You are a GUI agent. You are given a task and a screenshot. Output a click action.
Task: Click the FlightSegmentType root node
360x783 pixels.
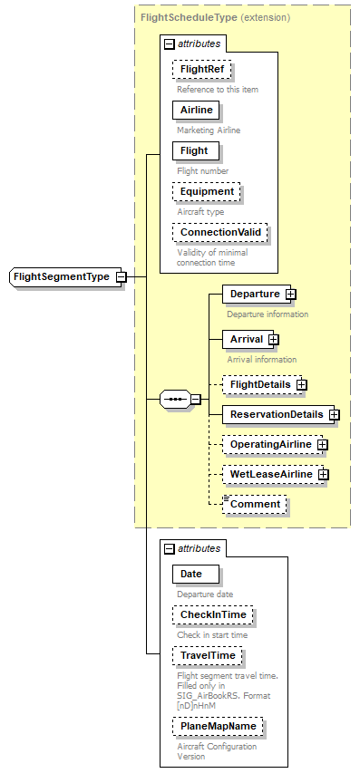tap(61, 276)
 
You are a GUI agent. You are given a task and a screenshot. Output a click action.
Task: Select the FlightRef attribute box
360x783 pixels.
tap(203, 69)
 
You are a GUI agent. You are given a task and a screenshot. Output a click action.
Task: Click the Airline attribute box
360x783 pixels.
tap(196, 110)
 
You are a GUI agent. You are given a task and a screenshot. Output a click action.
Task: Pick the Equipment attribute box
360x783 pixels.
tap(207, 191)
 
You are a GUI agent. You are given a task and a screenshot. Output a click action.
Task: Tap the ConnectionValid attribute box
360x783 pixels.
tap(220, 232)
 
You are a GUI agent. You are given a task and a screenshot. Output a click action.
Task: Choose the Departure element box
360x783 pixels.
tap(254, 294)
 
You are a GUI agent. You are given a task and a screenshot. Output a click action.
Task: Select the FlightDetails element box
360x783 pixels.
tap(260, 384)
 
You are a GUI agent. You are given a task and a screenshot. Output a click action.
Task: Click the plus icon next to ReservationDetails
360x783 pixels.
tap(335, 414)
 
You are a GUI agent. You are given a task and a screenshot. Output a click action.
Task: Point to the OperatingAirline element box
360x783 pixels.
tap(270, 445)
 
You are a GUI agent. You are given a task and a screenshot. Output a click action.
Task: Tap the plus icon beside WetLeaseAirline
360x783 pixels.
tap(322, 474)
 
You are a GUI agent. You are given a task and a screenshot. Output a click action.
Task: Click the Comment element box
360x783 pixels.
tap(256, 504)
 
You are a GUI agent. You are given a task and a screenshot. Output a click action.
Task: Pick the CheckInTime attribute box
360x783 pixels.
tap(213, 614)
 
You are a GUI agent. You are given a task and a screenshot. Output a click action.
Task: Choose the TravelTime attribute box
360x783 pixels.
tap(208, 655)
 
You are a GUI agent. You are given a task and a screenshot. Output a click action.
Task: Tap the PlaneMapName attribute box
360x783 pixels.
tap(218, 726)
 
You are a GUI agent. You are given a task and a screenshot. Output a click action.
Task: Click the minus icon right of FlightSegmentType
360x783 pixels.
tap(121, 276)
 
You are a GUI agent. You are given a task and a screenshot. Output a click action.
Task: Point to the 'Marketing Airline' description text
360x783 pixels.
tap(209, 130)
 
